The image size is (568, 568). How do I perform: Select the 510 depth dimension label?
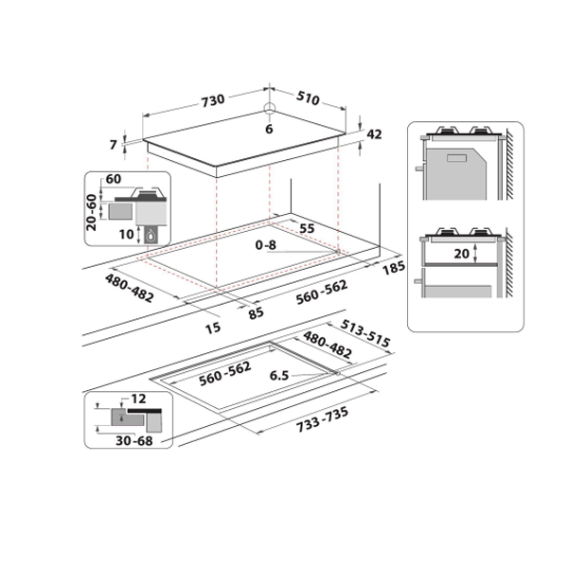[312, 99]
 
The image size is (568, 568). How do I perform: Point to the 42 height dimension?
[374, 134]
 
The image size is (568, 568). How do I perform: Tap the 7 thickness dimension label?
[113, 145]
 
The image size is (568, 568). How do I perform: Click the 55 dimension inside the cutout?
[307, 230]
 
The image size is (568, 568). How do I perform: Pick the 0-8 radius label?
[267, 245]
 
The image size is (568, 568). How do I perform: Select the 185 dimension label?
[394, 269]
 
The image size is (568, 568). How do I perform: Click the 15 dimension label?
[213, 328]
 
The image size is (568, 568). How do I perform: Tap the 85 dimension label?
[257, 313]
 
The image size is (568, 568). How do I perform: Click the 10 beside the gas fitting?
[128, 233]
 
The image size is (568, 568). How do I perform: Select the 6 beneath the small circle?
[269, 129]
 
